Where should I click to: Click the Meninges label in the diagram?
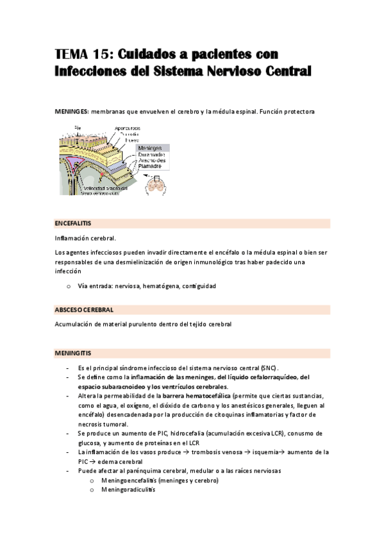point(152,148)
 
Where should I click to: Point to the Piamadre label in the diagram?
point(153,166)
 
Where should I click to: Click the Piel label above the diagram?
point(78,128)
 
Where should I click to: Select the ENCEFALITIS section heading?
point(73,223)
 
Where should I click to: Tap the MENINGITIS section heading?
point(73,353)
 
